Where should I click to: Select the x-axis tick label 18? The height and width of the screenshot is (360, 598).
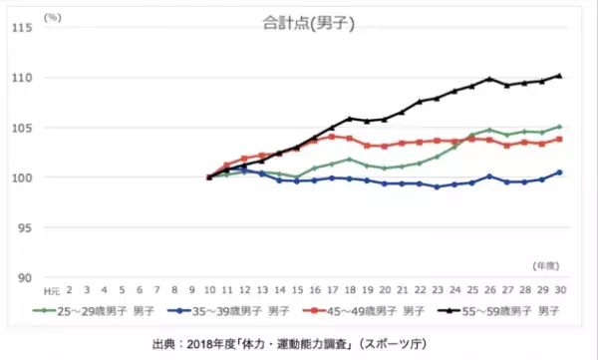click(349, 288)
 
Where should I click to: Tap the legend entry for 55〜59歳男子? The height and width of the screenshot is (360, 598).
click(503, 312)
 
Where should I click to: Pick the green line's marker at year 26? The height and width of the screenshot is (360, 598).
click(488, 130)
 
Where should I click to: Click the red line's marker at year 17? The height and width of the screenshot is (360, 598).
click(332, 136)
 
